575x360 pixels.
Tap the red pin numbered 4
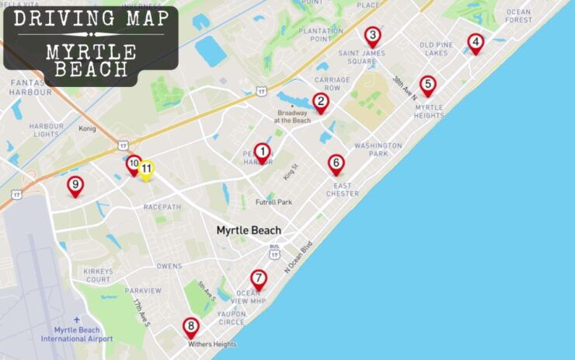pyautogui.click(x=476, y=43)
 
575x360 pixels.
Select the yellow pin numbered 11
pyautogui.click(x=146, y=169)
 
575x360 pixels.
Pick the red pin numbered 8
pyautogui.click(x=190, y=327)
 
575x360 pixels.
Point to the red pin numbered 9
pyautogui.click(x=75, y=185)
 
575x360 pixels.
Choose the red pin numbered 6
pyautogui.click(x=336, y=163)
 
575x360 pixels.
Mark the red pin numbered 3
pyautogui.click(x=372, y=36)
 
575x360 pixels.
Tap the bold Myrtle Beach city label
pyautogui.click(x=248, y=230)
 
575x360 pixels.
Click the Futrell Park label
pyautogui.click(x=274, y=202)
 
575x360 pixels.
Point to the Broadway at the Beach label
pyautogui.click(x=292, y=117)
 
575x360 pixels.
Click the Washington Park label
pyautogui.click(x=378, y=149)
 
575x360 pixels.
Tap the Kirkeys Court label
pyautogui.click(x=98, y=275)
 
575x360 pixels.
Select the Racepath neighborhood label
pyautogui.click(x=161, y=208)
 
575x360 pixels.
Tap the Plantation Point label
pyautogui.click(x=326, y=34)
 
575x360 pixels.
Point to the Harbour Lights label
pyautogui.click(x=46, y=130)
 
